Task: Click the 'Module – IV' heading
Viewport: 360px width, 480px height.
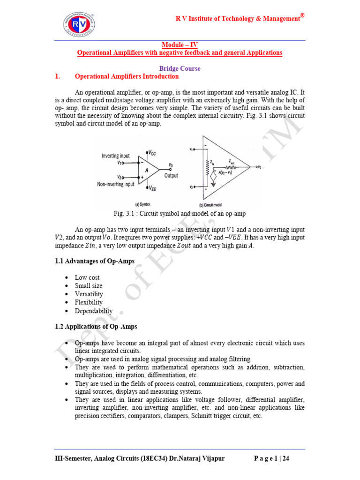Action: (180, 45)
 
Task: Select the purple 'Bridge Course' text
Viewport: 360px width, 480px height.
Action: (180, 68)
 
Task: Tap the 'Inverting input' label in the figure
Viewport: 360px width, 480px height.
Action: (116, 156)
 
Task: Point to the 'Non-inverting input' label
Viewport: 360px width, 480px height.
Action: (116, 184)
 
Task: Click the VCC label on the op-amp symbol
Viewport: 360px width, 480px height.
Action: (151, 153)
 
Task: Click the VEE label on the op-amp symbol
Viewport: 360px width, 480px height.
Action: (151, 188)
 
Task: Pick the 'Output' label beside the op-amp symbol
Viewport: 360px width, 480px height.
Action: (171, 175)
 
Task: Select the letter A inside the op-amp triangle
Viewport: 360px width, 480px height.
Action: (146, 171)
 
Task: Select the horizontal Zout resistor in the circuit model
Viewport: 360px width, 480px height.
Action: (231, 167)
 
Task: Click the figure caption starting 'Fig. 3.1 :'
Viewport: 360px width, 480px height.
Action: (180, 213)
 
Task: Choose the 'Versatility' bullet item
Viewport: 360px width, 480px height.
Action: (88, 294)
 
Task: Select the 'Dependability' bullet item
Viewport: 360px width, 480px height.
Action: (94, 311)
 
